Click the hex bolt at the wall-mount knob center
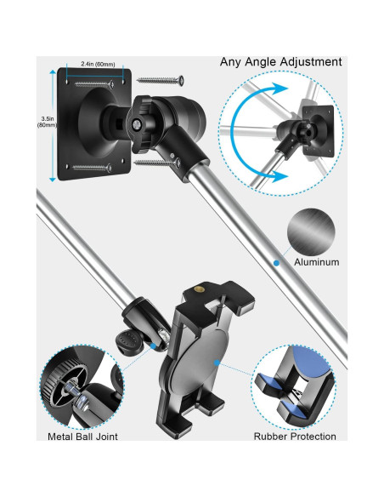coord(136,123)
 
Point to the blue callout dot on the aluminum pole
coord(276,264)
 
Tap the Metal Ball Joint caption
coord(84,437)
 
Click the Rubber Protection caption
coord(295,437)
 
